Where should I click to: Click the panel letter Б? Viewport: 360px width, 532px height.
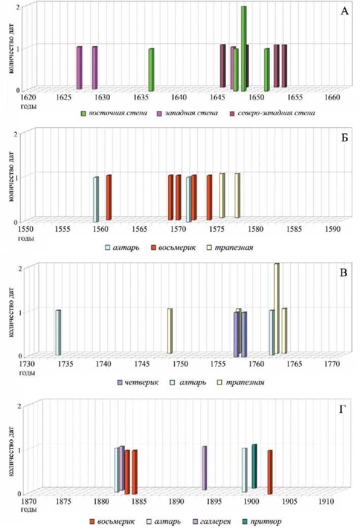[x=344, y=139]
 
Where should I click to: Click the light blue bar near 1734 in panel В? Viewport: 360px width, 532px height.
[x=58, y=333]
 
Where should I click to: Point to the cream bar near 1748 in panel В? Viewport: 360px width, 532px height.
[x=170, y=331]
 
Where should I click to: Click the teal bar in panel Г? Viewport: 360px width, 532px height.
[x=254, y=466]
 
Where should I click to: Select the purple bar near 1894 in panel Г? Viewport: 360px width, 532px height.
[x=204, y=468]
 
